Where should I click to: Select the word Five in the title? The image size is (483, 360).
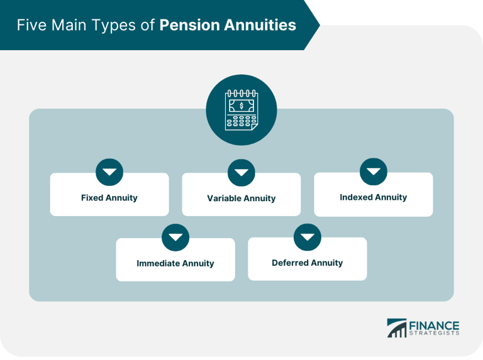31,25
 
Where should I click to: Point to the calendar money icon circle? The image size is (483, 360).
241,111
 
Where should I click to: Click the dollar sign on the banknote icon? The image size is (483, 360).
241,106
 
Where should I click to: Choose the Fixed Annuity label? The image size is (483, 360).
109,197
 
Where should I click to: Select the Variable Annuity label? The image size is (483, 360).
241,198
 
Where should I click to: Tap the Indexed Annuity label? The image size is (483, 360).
374,197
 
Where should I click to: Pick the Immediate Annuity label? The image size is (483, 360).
175,263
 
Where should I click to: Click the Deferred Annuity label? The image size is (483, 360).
308,263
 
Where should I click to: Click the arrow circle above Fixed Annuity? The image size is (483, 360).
109,172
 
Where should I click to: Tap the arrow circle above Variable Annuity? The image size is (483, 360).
241,173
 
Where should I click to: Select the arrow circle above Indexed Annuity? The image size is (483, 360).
374,172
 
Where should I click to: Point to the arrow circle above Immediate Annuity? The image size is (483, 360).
175,237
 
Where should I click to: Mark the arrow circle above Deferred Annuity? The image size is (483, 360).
308,237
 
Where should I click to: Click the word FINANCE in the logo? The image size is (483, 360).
434,325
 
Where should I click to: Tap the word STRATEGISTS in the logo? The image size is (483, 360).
434,334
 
